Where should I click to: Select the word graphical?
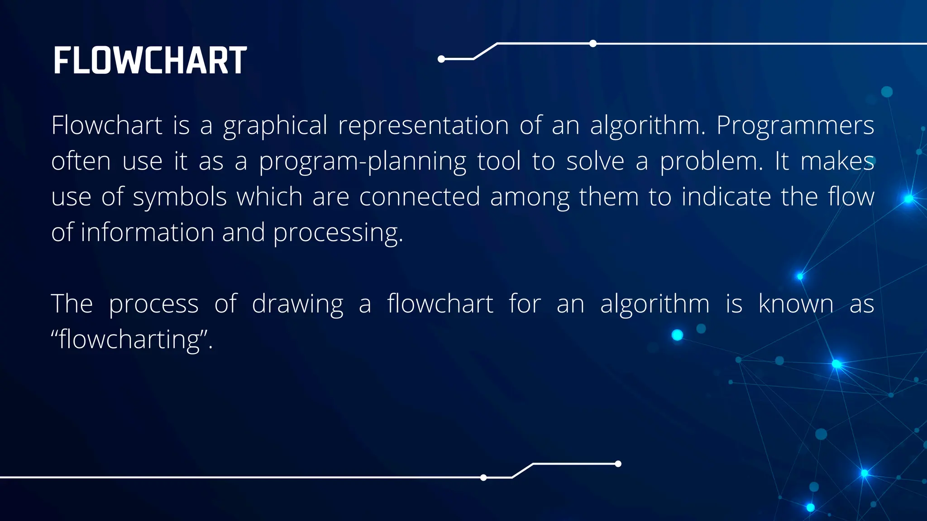tap(275, 126)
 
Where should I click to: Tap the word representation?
tap(423, 125)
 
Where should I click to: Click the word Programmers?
tap(795, 126)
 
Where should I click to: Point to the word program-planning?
tap(363, 162)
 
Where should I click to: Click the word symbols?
tap(180, 198)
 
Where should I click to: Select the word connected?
tap(420, 197)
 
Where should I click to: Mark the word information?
tap(148, 232)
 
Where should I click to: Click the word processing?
tap(338, 233)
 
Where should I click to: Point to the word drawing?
tap(297, 304)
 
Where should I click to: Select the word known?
tap(796, 303)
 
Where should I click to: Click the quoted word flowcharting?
tap(131, 340)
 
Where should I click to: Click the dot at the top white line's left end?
tap(441, 59)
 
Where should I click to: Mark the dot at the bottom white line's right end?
tap(618, 464)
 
